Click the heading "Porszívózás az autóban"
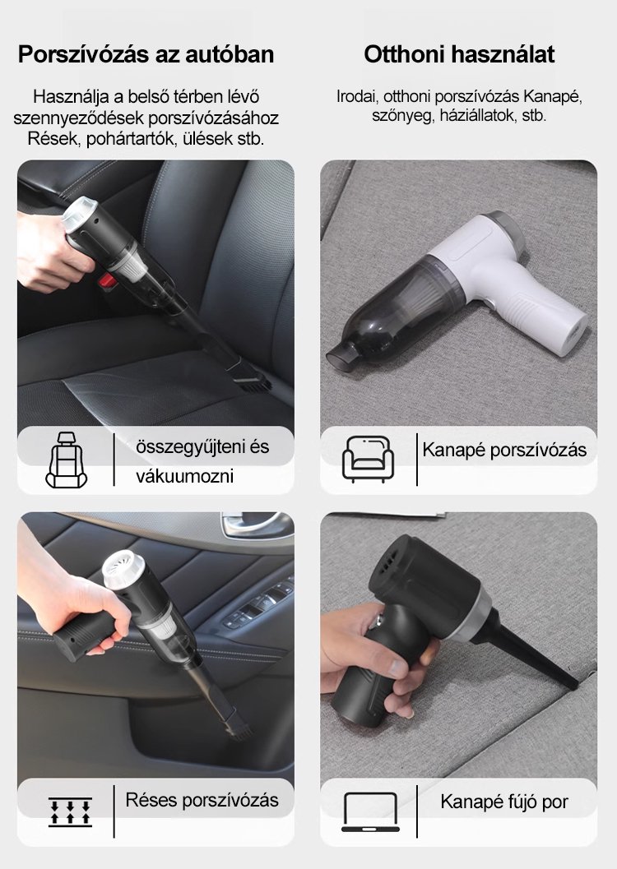tap(146, 54)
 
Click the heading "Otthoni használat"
tap(459, 54)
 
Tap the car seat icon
tap(66, 460)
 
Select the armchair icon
tap(368, 459)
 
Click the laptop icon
tap(370, 812)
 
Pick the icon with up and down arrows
tap(70, 812)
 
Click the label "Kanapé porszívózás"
tap(504, 450)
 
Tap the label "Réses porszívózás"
tap(202, 800)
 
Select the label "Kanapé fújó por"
tap(504, 802)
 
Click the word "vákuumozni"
tap(184, 475)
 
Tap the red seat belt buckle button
tap(109, 280)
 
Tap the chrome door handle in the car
tap(253, 525)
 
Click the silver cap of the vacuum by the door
tap(123, 569)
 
